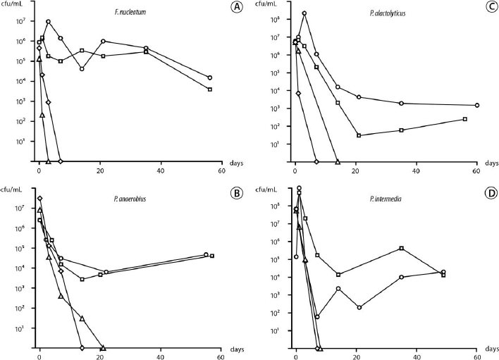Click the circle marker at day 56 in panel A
click(x=210, y=77)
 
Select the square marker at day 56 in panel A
click(x=210, y=89)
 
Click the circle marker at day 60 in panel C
click(x=477, y=105)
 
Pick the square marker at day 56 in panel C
click(x=465, y=119)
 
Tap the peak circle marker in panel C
click(x=304, y=13)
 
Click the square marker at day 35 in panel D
click(x=401, y=248)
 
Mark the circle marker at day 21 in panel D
click(x=359, y=307)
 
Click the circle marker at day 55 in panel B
click(x=206, y=254)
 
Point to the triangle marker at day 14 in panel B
click(x=82, y=318)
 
